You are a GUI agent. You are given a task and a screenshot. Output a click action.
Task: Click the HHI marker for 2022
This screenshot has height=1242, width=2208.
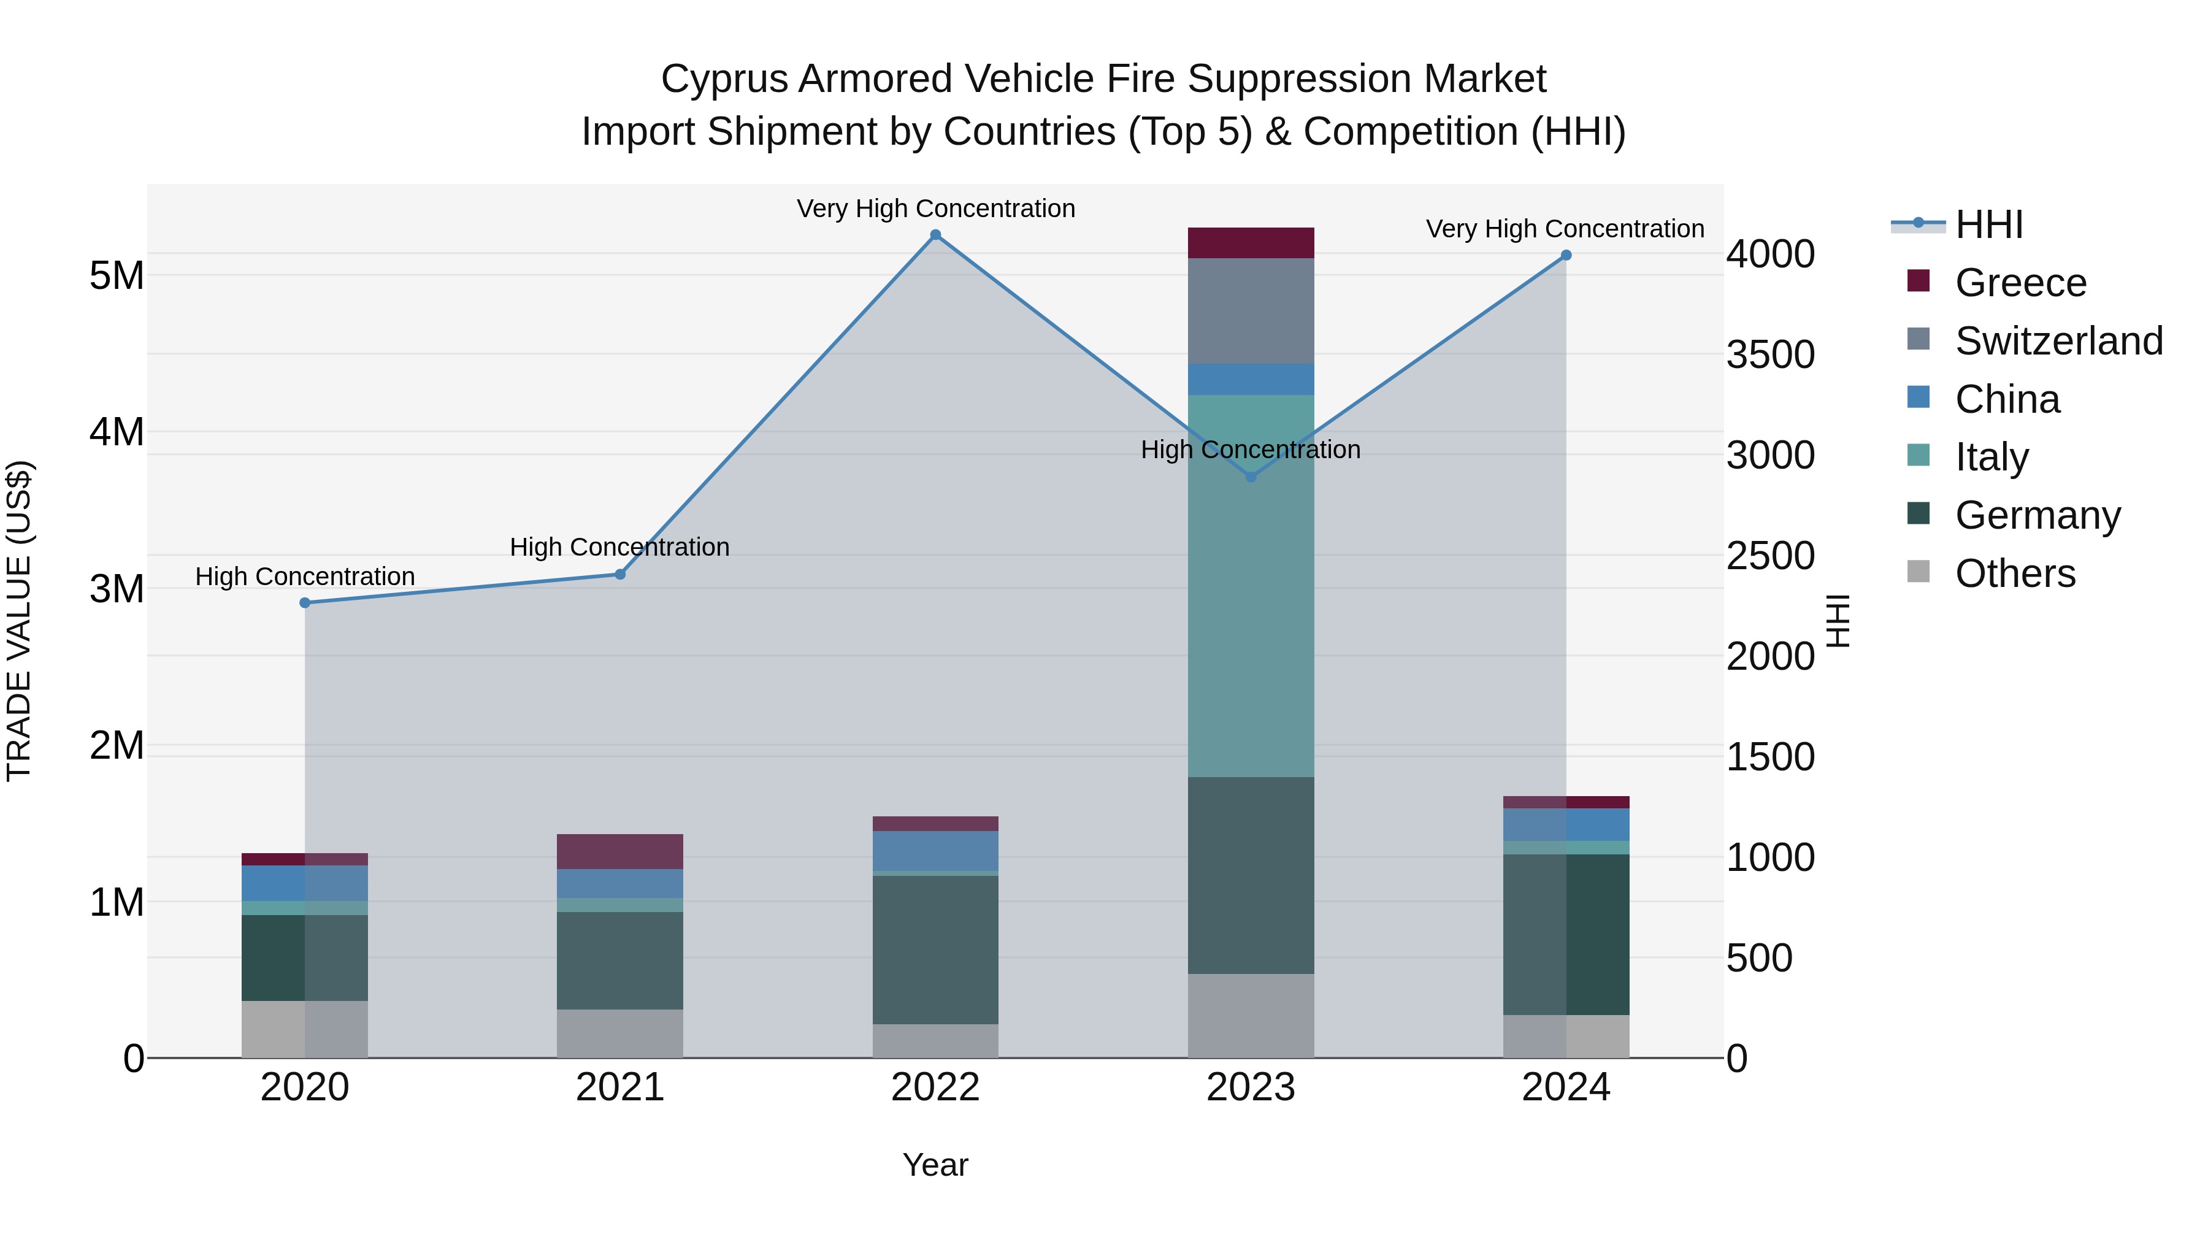935,235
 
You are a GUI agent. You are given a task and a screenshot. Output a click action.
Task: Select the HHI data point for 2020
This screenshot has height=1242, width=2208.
305,602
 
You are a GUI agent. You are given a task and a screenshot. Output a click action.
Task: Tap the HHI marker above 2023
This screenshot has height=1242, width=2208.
1251,477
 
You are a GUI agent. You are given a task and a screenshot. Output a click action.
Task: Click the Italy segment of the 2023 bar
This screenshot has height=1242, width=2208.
1251,586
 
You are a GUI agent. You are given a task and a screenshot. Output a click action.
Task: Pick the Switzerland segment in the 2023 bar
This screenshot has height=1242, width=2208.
1251,310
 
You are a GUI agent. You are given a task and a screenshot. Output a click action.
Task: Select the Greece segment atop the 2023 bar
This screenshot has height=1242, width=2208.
1251,242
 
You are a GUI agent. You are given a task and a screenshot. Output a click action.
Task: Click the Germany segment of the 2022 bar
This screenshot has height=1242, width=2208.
935,949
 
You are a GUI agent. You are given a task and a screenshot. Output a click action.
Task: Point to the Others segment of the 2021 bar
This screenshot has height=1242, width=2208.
619,1033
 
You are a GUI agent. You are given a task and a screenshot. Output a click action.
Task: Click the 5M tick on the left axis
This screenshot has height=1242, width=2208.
117,276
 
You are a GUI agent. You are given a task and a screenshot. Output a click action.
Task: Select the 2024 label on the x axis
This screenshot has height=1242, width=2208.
1565,1087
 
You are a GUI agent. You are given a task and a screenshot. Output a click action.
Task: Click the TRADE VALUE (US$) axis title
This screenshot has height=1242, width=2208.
19,621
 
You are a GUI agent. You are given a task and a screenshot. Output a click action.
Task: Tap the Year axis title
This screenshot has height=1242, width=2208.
935,1165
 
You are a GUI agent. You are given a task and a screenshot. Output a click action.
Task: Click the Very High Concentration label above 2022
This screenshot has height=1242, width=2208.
935,209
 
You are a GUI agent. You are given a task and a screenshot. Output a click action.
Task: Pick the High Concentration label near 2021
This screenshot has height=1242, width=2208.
619,547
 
